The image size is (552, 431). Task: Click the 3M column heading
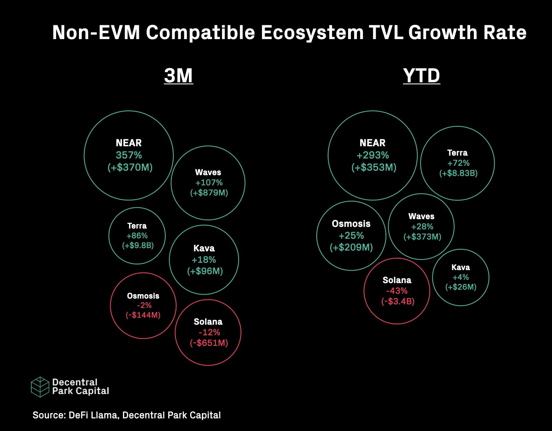(178, 75)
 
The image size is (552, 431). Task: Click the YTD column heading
(421, 75)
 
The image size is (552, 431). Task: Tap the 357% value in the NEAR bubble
(129, 155)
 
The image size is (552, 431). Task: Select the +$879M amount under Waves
(209, 193)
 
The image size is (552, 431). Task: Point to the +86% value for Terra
(137, 235)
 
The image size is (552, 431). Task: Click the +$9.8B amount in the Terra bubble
(138, 246)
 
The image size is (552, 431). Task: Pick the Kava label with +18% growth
(204, 248)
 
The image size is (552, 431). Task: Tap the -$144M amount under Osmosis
(143, 315)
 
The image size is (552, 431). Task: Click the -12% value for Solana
(209, 332)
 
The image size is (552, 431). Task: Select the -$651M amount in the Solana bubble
(209, 343)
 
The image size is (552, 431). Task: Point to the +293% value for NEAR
(372, 155)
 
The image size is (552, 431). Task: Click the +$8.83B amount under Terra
(458, 173)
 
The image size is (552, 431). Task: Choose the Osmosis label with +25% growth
(351, 224)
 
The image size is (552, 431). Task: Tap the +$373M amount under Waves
(422, 237)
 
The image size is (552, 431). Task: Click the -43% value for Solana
(396, 290)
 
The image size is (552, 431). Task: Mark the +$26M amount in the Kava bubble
(460, 287)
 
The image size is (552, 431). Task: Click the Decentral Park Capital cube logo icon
(40, 387)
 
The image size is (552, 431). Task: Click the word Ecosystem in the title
(312, 33)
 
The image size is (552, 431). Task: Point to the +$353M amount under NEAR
(374, 167)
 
